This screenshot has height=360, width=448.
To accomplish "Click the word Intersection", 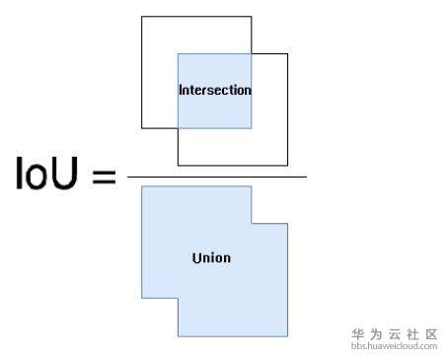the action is [x=214, y=90].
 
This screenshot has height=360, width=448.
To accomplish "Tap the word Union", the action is [x=211, y=258].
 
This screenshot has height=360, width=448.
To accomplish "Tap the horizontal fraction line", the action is [x=217, y=177].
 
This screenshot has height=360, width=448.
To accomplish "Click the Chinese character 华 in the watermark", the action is [x=357, y=334].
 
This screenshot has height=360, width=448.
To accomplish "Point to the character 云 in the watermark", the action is [x=394, y=334].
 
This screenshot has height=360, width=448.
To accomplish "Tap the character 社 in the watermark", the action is [x=412, y=334].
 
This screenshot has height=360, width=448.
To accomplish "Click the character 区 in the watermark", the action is [x=430, y=334].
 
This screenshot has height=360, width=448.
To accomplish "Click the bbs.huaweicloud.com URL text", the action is [x=394, y=346].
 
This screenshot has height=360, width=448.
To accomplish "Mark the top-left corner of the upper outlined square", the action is [x=142, y=17].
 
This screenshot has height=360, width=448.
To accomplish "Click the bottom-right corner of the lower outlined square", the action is [x=287, y=165].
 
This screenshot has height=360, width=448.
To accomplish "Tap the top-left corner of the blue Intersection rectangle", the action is [x=179, y=53].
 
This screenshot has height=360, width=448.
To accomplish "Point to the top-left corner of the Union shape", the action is [x=142, y=186].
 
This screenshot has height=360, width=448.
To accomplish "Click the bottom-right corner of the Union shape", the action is [x=287, y=335].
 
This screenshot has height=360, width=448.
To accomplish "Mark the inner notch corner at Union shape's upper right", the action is [x=252, y=223].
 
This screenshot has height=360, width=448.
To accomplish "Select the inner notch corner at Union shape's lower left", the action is [x=179, y=297].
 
